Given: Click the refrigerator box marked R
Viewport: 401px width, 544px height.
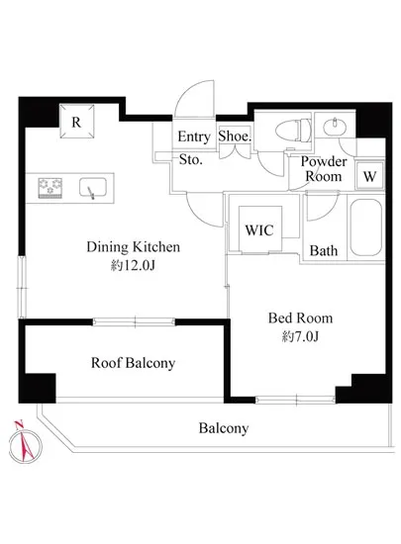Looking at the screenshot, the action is pyautogui.click(x=76, y=121).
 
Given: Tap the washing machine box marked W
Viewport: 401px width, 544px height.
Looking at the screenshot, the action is pyautogui.click(x=369, y=176).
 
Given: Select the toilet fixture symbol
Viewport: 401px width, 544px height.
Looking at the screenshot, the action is pyautogui.click(x=294, y=131).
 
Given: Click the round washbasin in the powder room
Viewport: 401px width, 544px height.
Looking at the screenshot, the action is pyautogui.click(x=335, y=128).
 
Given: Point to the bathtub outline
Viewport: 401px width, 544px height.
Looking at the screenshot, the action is pyautogui.click(x=366, y=227).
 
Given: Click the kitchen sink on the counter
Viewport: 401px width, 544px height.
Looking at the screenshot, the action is pyautogui.click(x=93, y=188).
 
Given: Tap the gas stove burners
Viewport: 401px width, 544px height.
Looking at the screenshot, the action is pyautogui.click(x=50, y=188).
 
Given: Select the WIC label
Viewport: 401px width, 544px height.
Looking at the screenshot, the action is pyautogui.click(x=259, y=230).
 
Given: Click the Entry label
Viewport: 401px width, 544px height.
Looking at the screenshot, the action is pyautogui.click(x=194, y=136).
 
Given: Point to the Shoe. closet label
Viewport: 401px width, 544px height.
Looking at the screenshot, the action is pyautogui.click(x=235, y=136).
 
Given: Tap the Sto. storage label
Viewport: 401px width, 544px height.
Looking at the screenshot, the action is pyautogui.click(x=191, y=159).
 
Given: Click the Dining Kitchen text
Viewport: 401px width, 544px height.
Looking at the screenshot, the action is pyautogui.click(x=134, y=247).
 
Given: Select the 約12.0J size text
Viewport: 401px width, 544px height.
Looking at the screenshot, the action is pyautogui.click(x=133, y=266).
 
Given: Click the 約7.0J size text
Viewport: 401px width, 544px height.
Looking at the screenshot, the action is pyautogui.click(x=300, y=336).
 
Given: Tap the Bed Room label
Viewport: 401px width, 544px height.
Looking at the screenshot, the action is pyautogui.click(x=300, y=317).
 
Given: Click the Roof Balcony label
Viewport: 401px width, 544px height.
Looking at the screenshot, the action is pyautogui.click(x=133, y=363).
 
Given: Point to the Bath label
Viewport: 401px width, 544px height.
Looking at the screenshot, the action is pyautogui.click(x=324, y=250).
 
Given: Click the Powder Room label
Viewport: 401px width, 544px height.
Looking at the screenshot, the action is pyautogui.click(x=324, y=169).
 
